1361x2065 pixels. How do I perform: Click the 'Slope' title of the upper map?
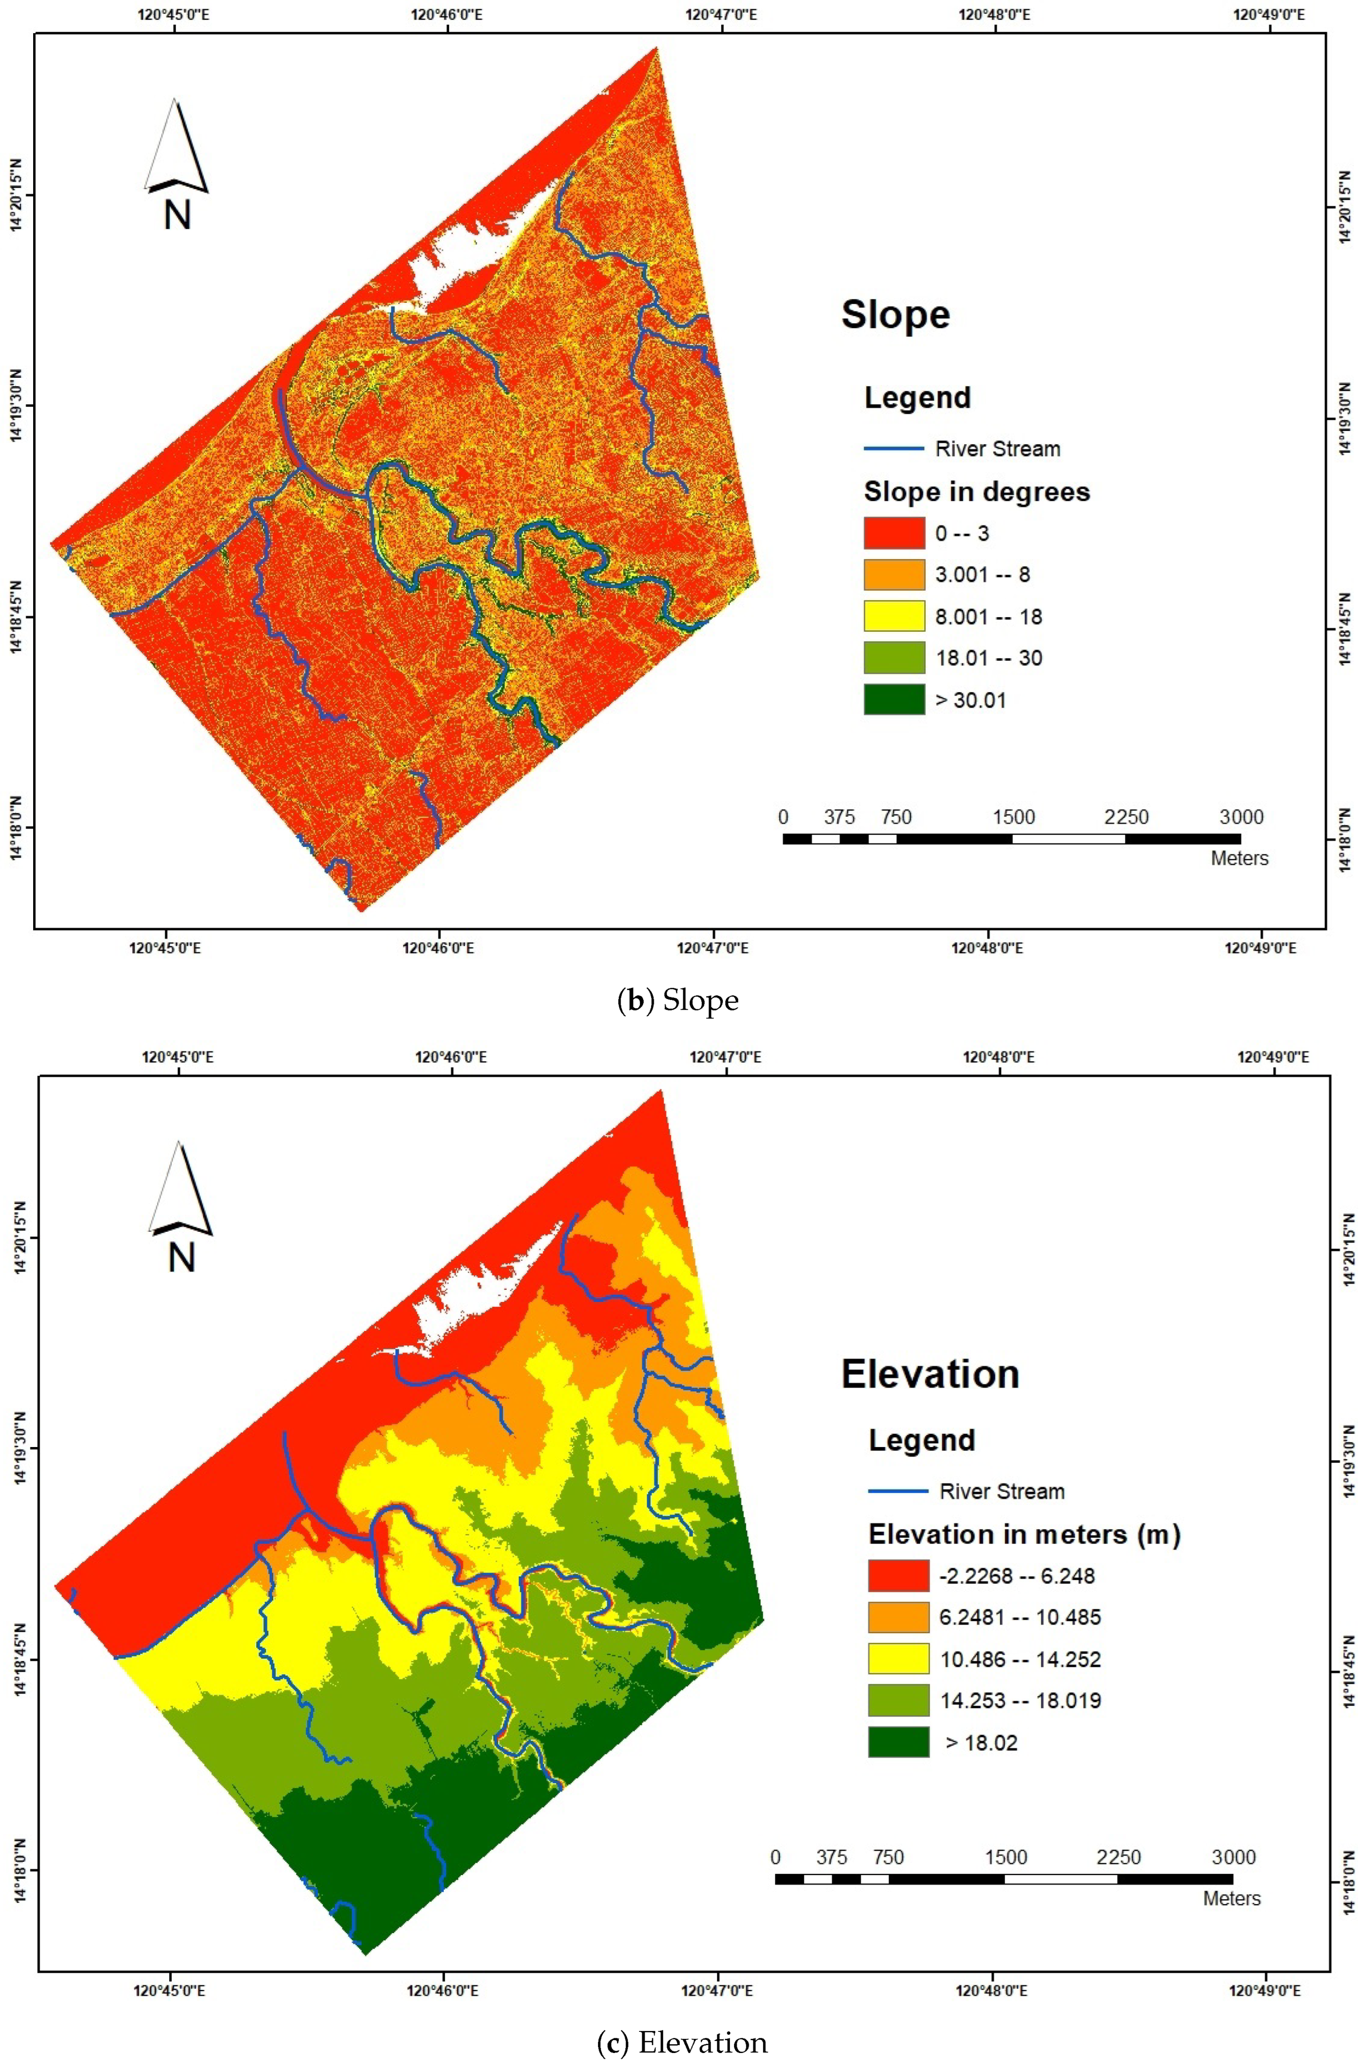[895, 314]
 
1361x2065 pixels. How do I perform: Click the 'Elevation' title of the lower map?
[930, 1374]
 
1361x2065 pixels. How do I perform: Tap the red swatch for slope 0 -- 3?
[893, 533]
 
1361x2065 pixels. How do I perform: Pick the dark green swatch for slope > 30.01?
[893, 700]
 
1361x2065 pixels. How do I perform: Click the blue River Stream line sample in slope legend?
[893, 449]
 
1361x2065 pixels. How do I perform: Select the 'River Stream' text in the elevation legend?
[1002, 1491]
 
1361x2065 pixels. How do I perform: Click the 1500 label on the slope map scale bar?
[1013, 817]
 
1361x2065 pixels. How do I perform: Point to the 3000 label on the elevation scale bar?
[1233, 1858]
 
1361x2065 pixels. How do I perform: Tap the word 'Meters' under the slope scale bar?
[1239, 859]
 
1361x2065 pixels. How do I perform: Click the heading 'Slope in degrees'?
[976, 492]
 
